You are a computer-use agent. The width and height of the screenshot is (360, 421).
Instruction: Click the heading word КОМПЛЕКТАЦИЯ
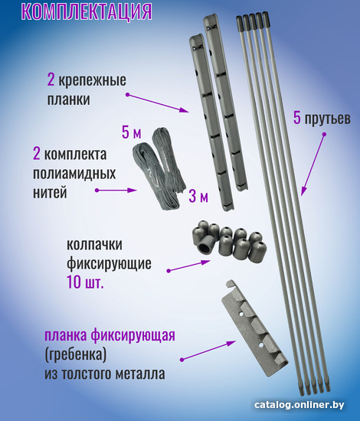pos(87,11)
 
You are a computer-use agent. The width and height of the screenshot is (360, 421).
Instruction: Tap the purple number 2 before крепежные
pos(51,80)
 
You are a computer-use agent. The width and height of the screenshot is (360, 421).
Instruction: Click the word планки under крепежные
pos(68,100)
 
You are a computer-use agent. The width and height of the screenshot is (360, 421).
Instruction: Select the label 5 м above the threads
pos(132,132)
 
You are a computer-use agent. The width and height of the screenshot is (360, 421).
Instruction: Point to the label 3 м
pos(198,196)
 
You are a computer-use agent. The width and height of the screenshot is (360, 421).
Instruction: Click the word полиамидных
pos(74,174)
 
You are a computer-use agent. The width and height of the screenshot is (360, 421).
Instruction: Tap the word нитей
pos(50,192)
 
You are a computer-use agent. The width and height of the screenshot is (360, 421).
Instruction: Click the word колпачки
pos(94,244)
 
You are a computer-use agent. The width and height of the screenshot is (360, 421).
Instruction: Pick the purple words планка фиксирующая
pos(110,335)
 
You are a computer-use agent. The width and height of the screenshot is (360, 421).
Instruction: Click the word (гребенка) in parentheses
pos(76,355)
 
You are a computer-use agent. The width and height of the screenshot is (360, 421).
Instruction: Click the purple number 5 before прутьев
pos(297,118)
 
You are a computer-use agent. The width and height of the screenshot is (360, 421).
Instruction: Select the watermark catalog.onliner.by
pos(299,405)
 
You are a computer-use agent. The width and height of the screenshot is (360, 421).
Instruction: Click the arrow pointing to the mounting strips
pos(158,103)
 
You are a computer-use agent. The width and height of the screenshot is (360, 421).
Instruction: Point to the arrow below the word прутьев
pos(313,164)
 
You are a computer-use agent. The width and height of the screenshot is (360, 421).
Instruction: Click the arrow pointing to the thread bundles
pos(116,190)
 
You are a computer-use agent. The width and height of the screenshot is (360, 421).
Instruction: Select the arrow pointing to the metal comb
pos(208,351)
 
